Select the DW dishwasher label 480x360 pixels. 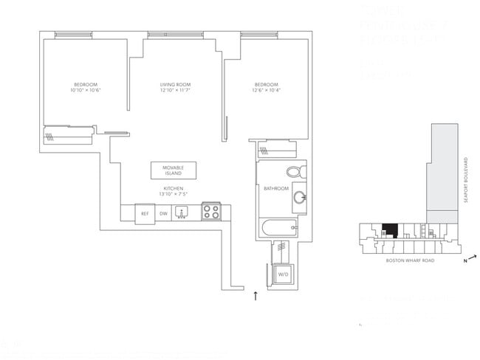pyautogui.click(x=163, y=213)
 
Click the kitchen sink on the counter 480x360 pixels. pyautogui.click(x=182, y=212)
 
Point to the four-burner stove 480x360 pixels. pyautogui.click(x=211, y=212)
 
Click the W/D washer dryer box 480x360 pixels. pyautogui.click(x=282, y=275)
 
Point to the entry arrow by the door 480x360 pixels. pyautogui.click(x=256, y=296)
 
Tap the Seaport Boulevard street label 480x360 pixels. pyautogui.click(x=466, y=181)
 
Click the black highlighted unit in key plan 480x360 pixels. pyautogui.click(x=388, y=230)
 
